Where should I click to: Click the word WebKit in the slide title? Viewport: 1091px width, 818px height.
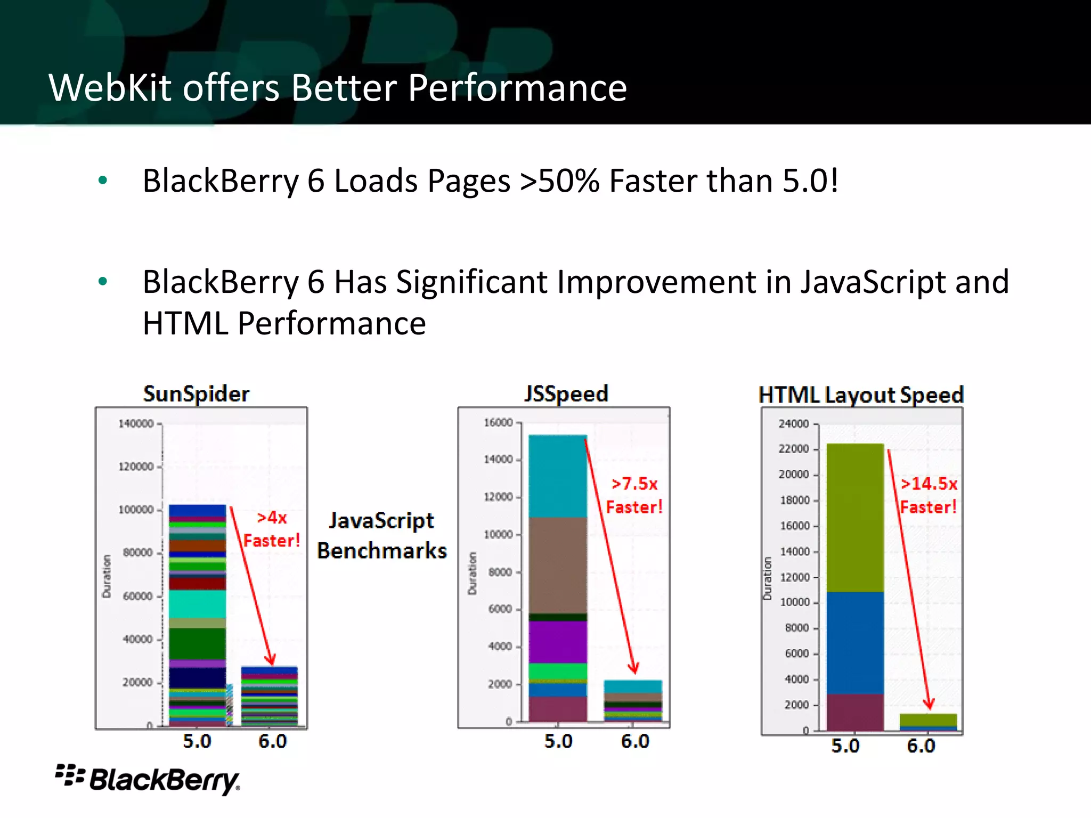[x=110, y=88]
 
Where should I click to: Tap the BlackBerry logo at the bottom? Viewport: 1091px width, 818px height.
[x=148, y=780]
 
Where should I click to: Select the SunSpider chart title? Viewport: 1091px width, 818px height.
[x=196, y=394]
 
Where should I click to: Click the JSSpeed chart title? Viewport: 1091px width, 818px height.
[x=566, y=394]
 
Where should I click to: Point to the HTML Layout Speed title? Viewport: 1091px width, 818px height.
[x=861, y=395]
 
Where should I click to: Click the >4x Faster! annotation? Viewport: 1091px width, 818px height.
[x=272, y=529]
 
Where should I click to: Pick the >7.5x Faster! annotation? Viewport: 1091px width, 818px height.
[x=634, y=495]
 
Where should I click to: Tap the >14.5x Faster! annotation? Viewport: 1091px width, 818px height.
[x=929, y=495]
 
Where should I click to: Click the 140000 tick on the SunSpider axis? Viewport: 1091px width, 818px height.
[x=136, y=424]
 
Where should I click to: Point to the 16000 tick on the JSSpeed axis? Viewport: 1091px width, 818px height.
[x=498, y=423]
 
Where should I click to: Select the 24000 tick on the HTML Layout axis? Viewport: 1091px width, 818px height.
[x=793, y=424]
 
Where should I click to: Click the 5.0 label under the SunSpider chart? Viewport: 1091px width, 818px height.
[x=197, y=741]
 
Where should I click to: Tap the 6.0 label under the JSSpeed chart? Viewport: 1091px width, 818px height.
[x=635, y=741]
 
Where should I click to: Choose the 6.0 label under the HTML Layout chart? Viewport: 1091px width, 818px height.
[x=921, y=746]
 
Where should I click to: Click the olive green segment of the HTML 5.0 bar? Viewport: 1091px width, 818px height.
[x=855, y=517]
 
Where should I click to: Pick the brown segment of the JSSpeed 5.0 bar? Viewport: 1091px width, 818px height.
[x=558, y=565]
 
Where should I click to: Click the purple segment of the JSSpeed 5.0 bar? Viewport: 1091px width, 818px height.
[x=558, y=642]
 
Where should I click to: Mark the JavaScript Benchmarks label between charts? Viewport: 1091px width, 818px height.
[x=381, y=535]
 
